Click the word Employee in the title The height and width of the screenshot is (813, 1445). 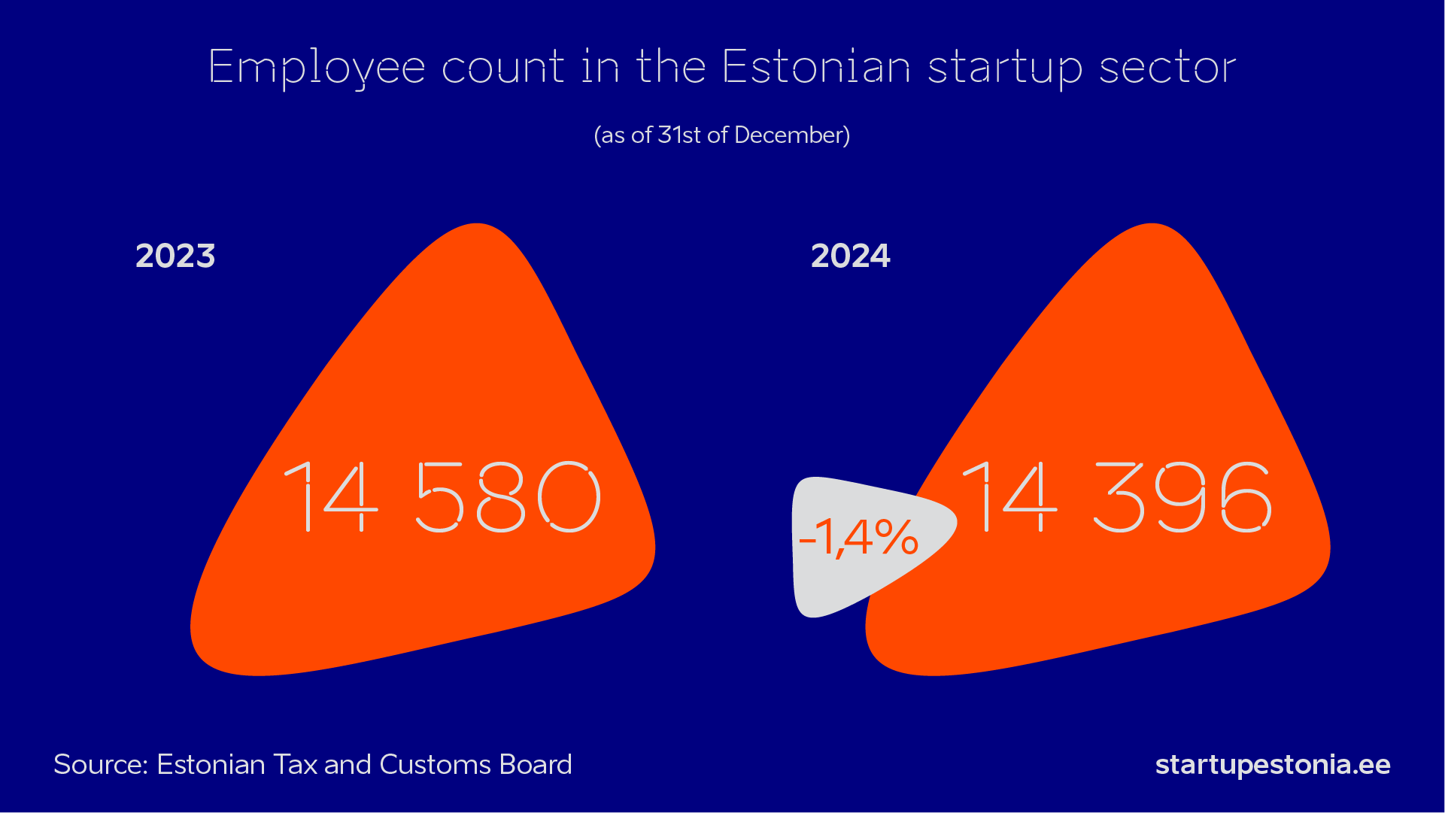click(317, 68)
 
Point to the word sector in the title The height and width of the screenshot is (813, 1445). click(1167, 68)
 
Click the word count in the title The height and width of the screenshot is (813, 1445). click(502, 68)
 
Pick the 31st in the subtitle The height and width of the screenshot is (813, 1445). click(679, 135)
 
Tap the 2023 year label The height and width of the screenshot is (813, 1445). click(175, 256)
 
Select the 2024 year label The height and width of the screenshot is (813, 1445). click(851, 256)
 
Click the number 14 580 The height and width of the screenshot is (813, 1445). click(442, 497)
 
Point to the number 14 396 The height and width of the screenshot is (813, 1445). click(1118, 497)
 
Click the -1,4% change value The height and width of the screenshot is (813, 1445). click(858, 538)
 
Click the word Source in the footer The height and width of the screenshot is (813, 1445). click(101, 765)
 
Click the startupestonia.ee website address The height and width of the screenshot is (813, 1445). click(1273, 765)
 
